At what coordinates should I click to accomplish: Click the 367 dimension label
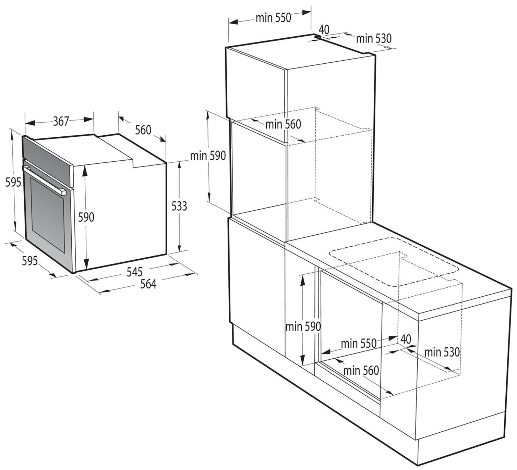[61, 121]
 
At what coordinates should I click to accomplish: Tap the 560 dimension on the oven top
[143, 130]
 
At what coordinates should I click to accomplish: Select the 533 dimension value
[179, 206]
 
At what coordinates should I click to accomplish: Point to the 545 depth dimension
[134, 272]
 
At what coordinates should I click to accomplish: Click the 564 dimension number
[148, 284]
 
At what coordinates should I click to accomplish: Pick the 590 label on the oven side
[86, 217]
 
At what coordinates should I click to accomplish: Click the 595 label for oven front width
[29, 261]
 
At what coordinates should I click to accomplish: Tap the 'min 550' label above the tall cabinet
[273, 17]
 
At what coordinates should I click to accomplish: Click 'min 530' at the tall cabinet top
[373, 39]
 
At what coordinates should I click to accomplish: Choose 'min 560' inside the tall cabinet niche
[283, 124]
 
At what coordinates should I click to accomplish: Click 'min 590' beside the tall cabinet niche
[208, 156]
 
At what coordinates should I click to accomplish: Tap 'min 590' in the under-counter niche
[303, 326]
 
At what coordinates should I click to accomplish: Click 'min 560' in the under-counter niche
[361, 370]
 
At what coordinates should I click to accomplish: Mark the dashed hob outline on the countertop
[394, 262]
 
